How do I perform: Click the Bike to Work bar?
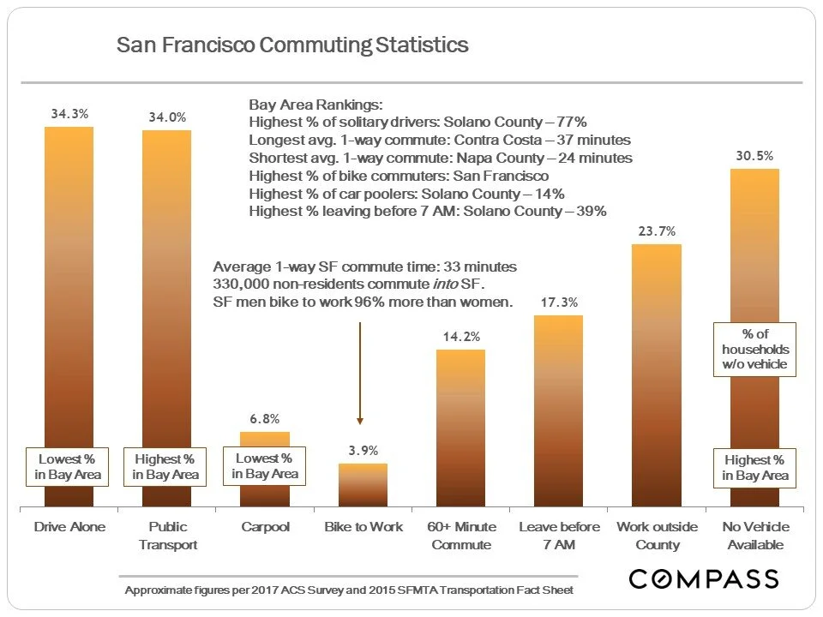click(x=363, y=485)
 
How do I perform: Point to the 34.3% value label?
click(x=69, y=113)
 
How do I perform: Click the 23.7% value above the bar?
click(x=657, y=231)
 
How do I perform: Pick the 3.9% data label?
click(x=363, y=451)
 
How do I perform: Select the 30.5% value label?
click(x=754, y=156)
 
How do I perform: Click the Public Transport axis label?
click(x=167, y=536)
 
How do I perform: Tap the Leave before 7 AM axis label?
click(x=559, y=536)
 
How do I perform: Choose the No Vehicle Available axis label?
click(x=755, y=536)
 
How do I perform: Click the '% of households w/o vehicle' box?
click(x=754, y=350)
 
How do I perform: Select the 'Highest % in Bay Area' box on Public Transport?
click(x=167, y=467)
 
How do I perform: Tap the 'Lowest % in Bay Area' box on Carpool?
click(x=265, y=466)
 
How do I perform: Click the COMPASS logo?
click(x=704, y=578)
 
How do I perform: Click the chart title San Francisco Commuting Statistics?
click(x=292, y=45)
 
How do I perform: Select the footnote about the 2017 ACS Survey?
click(x=349, y=590)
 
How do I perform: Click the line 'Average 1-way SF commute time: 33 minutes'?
click(x=364, y=267)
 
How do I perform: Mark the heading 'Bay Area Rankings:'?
click(x=315, y=105)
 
